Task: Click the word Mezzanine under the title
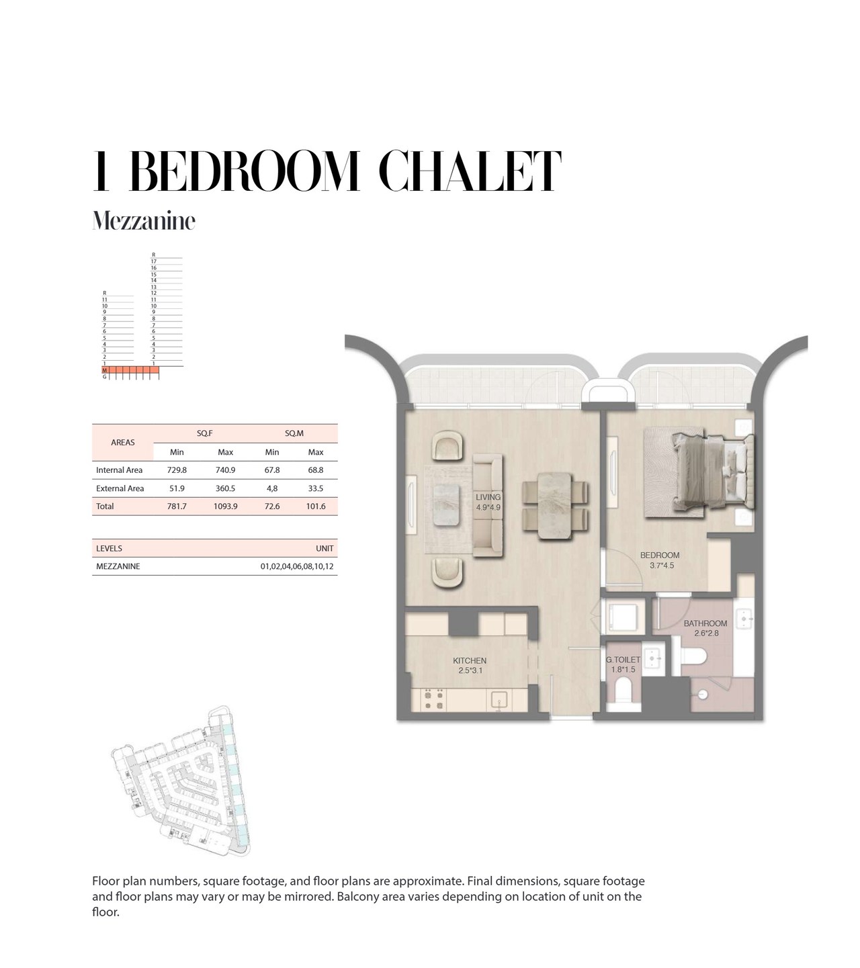(143, 221)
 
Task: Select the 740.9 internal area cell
(225, 470)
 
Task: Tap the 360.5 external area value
(225, 488)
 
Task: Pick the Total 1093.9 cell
(225, 507)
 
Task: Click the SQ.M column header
(294, 433)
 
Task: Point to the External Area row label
(120, 488)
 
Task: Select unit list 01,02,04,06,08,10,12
(297, 566)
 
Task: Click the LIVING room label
(488, 497)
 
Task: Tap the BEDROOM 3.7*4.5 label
(660, 560)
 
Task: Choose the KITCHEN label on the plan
(470, 661)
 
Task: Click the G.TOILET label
(623, 660)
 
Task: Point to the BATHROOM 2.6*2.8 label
(705, 628)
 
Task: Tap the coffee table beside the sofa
(447, 505)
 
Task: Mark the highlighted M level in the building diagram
(105, 370)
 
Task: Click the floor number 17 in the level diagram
(153, 261)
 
